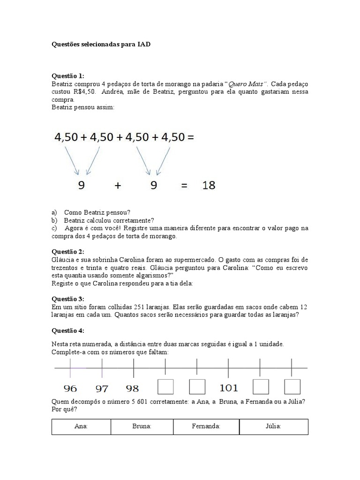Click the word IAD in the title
pos(144,45)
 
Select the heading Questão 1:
pos(67,76)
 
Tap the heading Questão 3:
pos(67,299)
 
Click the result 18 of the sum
pos(209,185)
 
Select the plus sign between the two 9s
pos(118,186)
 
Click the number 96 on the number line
pos(70,388)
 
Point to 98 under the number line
pos(133,388)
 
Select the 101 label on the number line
pos(229,388)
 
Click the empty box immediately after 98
pos(165,387)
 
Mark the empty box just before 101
pos(197,387)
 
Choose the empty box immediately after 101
pos(261,387)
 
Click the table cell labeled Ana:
pos(81,427)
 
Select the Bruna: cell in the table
pos(142,427)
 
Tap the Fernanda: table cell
pos(206,427)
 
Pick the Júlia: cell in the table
pos(274,427)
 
